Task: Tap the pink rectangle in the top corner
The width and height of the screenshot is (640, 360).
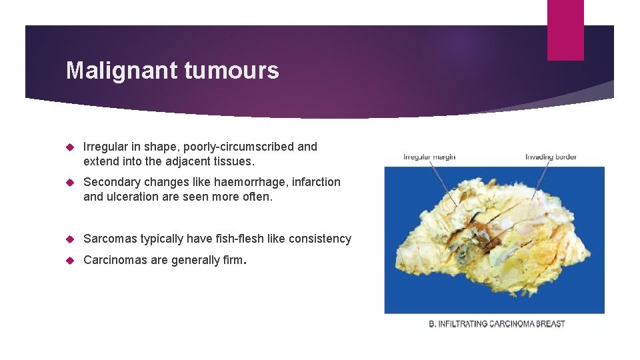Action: point(565,30)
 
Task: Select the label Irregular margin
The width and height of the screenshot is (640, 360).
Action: point(429,157)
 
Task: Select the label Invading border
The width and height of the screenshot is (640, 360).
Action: point(551,157)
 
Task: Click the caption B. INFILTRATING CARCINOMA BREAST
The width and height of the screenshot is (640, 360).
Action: point(496,324)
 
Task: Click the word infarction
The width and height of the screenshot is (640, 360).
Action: point(315,182)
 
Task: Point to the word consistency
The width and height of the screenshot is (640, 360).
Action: point(318,239)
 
